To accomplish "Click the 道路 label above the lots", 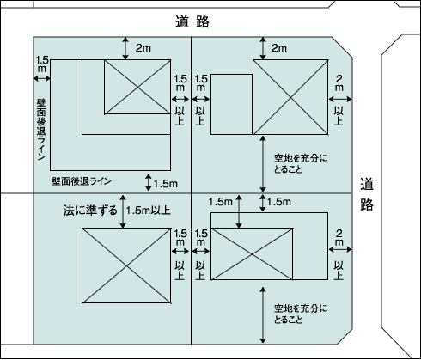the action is [x=192, y=21].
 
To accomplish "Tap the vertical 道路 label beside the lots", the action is [x=367, y=194].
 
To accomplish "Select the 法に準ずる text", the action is [x=90, y=211].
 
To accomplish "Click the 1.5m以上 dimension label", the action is [x=149, y=211].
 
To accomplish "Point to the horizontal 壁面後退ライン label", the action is [x=82, y=181].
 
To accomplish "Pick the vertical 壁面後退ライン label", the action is [x=41, y=130].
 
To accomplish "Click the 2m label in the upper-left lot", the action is [x=143, y=48].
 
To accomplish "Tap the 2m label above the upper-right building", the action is [x=279, y=48].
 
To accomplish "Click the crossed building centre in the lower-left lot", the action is [x=126, y=265].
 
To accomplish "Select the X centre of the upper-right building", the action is [x=290, y=97].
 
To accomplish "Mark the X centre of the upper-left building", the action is [x=137, y=87].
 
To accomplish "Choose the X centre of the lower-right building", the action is [x=252, y=253].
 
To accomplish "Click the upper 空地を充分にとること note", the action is [x=301, y=163].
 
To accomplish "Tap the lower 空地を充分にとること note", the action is [x=301, y=314].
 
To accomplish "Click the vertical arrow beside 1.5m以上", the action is [x=123, y=211].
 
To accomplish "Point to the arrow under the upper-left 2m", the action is [x=125, y=48].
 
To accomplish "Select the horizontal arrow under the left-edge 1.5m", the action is [x=42, y=78].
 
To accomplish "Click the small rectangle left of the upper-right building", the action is [x=232, y=105].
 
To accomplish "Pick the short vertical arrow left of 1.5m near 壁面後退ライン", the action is [x=148, y=182].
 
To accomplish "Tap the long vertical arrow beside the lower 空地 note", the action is [x=263, y=315].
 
